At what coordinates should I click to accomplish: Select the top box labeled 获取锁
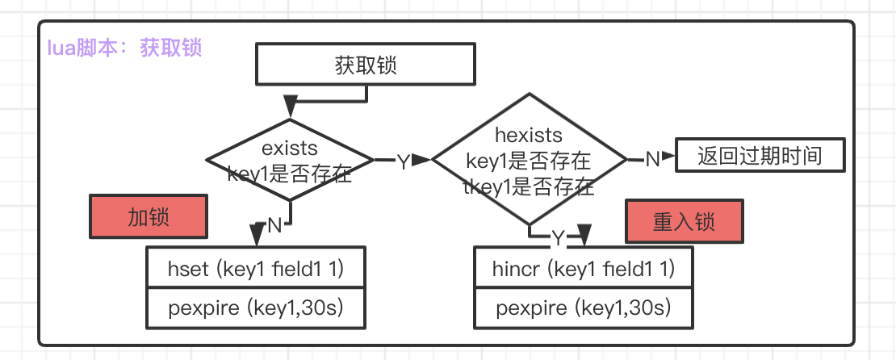365,65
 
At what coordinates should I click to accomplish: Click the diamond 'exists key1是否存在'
290,161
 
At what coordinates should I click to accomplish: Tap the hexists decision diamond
529,161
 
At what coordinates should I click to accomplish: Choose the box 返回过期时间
760,155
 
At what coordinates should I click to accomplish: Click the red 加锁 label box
149,218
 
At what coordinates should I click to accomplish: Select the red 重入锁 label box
684,221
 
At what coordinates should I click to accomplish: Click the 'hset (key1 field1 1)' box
257,269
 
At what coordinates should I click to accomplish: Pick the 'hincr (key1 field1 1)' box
583,269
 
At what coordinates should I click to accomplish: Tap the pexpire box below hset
257,308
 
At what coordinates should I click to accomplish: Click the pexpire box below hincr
583,308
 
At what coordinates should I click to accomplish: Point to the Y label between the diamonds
403,162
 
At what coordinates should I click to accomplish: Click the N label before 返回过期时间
651,158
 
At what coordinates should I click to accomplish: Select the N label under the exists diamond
274,225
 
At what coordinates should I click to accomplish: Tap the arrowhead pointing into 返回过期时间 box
669,157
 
